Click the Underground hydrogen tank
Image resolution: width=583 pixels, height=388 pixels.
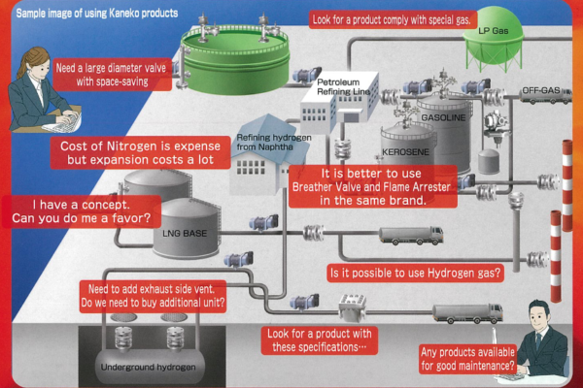pos(150,364)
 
